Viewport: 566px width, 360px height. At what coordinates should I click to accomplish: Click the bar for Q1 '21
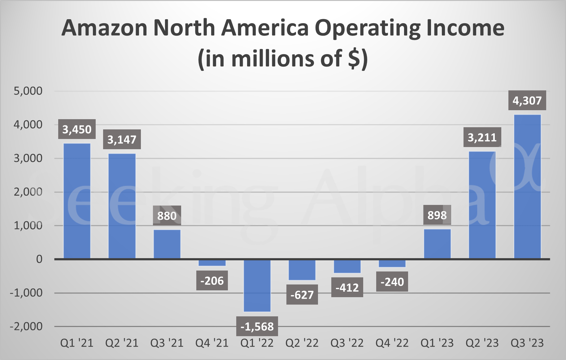[x=77, y=201]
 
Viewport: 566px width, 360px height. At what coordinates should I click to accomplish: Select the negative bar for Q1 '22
[x=257, y=285]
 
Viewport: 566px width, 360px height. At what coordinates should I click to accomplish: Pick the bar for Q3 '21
[x=167, y=244]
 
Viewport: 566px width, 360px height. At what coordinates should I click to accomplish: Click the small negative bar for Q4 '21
[x=212, y=263]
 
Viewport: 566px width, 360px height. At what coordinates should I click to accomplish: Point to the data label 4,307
[x=527, y=101]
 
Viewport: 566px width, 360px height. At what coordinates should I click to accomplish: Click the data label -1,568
[x=257, y=326]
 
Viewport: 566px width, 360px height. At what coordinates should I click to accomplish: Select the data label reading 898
[x=437, y=215]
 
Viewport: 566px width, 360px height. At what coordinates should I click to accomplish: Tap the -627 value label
[x=302, y=295]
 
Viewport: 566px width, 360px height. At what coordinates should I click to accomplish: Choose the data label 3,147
[x=122, y=140]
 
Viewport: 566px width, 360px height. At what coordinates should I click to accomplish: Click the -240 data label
[x=392, y=282]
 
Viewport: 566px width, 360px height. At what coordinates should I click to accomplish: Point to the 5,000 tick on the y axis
[x=28, y=91]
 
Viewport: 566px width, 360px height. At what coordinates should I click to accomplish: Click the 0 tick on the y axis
[x=39, y=259]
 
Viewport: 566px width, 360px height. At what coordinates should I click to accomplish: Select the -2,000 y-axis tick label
[x=26, y=326]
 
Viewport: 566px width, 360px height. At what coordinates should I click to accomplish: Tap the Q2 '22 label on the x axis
[x=302, y=343]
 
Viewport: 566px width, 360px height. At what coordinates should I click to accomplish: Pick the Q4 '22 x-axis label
[x=392, y=343]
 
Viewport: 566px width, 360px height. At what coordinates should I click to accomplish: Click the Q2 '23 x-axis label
[x=482, y=343]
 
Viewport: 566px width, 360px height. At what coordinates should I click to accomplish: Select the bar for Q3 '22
[x=347, y=266]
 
